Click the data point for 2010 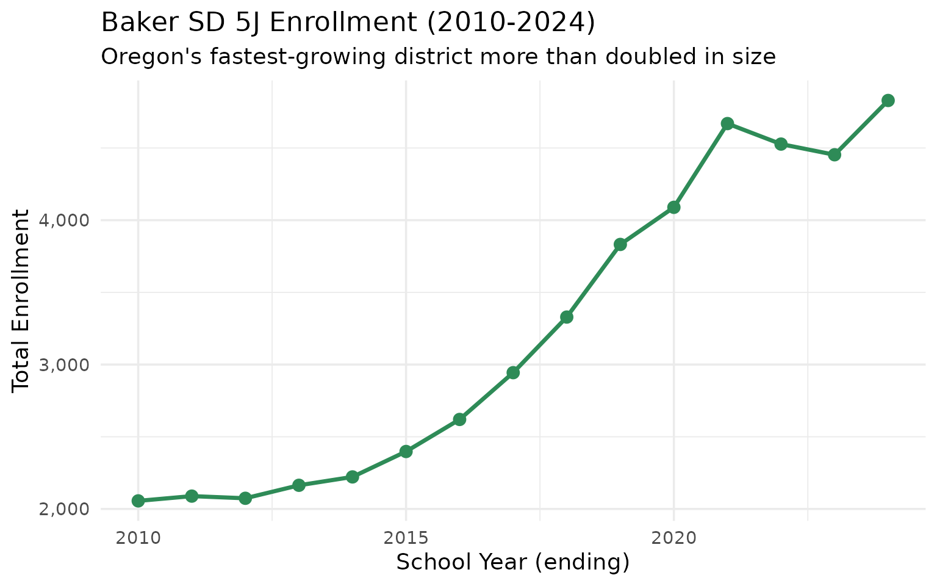(x=138, y=501)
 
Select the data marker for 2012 (x=245, y=498)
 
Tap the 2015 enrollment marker (x=406, y=452)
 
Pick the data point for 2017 (x=513, y=372)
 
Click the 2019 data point (x=620, y=244)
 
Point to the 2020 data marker (x=673, y=208)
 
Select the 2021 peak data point (x=727, y=123)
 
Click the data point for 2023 (x=835, y=155)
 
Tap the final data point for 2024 (x=888, y=101)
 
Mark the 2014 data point (x=352, y=477)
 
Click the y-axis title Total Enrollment (x=22, y=300)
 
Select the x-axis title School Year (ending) (x=512, y=562)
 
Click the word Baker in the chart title (x=129, y=23)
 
